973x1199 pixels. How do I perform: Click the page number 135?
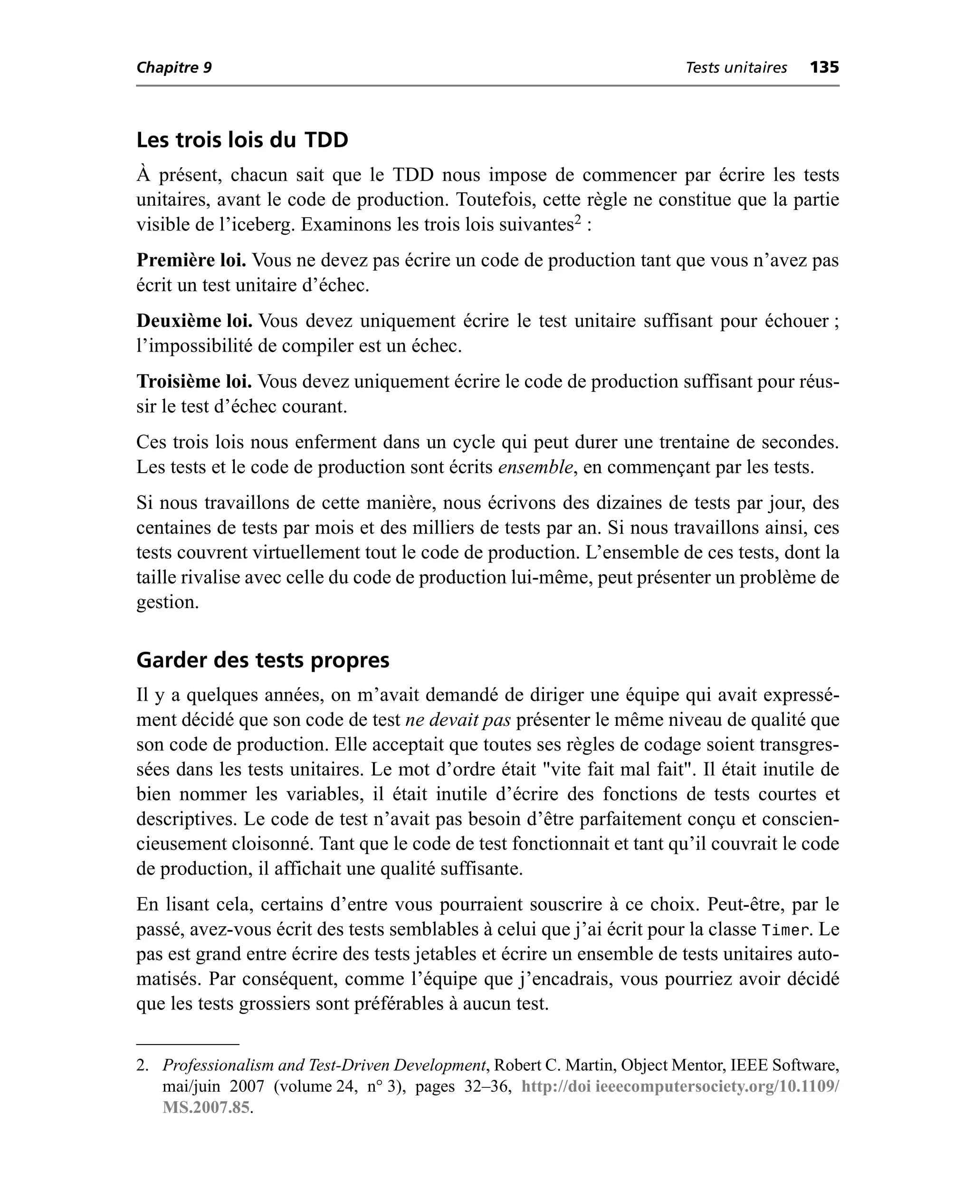click(824, 68)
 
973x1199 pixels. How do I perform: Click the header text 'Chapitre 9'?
click(174, 68)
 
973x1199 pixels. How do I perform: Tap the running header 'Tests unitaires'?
click(736, 68)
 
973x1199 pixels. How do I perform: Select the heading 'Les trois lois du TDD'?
click(242, 140)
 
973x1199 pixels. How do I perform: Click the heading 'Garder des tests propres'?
click(262, 660)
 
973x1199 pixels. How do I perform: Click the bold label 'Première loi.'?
click(191, 260)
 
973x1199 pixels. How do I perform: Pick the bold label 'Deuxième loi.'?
click(194, 321)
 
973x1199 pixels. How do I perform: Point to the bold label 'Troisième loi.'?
click(194, 381)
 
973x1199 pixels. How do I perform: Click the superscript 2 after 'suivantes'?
click(578, 219)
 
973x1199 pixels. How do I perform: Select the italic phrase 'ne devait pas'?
click(458, 720)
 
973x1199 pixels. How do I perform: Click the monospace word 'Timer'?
click(786, 931)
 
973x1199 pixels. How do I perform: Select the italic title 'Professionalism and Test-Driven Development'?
click(324, 1065)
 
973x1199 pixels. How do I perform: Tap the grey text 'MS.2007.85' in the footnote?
click(206, 1108)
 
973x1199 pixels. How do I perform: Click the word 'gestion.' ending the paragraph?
click(168, 602)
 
